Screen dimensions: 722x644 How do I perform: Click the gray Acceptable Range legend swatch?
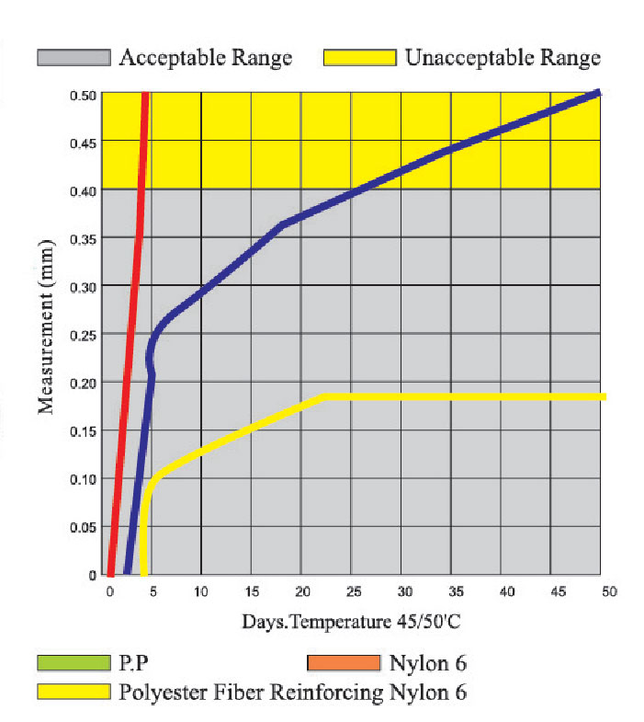coord(73,58)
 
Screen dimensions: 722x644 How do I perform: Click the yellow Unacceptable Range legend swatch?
coord(360,58)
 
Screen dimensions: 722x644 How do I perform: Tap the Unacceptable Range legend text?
coord(503,58)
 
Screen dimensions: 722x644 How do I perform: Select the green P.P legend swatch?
coord(73,662)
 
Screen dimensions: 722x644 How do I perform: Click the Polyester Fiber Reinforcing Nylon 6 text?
coord(292,692)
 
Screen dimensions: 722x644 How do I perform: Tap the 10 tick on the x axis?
coord(202,592)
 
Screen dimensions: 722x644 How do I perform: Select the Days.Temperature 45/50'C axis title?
coord(351,622)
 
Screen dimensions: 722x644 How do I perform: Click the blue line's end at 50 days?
coord(598,93)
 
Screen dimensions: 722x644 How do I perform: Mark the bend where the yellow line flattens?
coord(325,396)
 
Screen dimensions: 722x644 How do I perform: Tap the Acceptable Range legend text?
coord(206,58)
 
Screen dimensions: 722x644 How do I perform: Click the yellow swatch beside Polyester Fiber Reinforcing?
coord(73,692)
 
